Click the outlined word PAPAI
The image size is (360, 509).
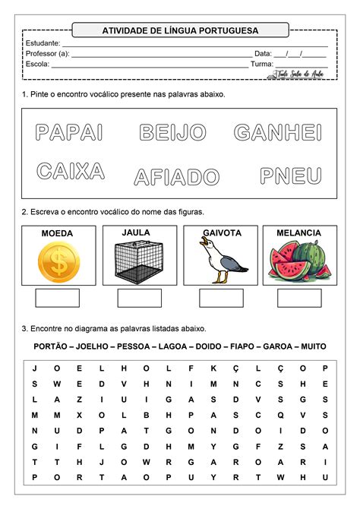69,133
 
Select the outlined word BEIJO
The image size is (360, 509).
172,133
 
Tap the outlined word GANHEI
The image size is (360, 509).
277,133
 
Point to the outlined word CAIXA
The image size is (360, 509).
71,172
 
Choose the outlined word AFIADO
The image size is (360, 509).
177,178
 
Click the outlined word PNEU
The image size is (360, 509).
291,176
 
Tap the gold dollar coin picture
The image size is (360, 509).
57,263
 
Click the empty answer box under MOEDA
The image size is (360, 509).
57,298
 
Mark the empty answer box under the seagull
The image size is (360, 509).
221,298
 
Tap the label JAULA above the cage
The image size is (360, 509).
136,232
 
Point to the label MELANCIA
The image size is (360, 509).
299,232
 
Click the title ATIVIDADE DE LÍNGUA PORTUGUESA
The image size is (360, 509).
180,30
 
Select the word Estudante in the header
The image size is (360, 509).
43,43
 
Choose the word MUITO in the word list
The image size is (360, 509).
313,346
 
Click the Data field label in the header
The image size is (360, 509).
263,54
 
